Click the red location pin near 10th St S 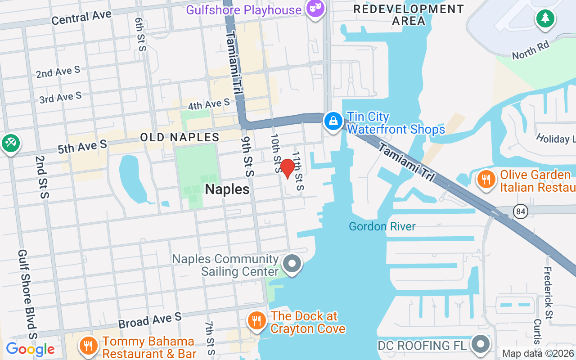[x=287, y=168]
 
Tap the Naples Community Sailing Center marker [x=292, y=263]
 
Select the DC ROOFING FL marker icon [x=480, y=344]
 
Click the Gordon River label [x=382, y=226]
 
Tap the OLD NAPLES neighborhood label [x=180, y=137]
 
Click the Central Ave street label [x=81, y=18]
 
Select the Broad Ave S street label [x=149, y=320]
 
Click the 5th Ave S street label [x=82, y=146]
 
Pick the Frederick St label [x=548, y=292]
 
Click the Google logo [x=30, y=349]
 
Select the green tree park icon [x=545, y=18]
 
